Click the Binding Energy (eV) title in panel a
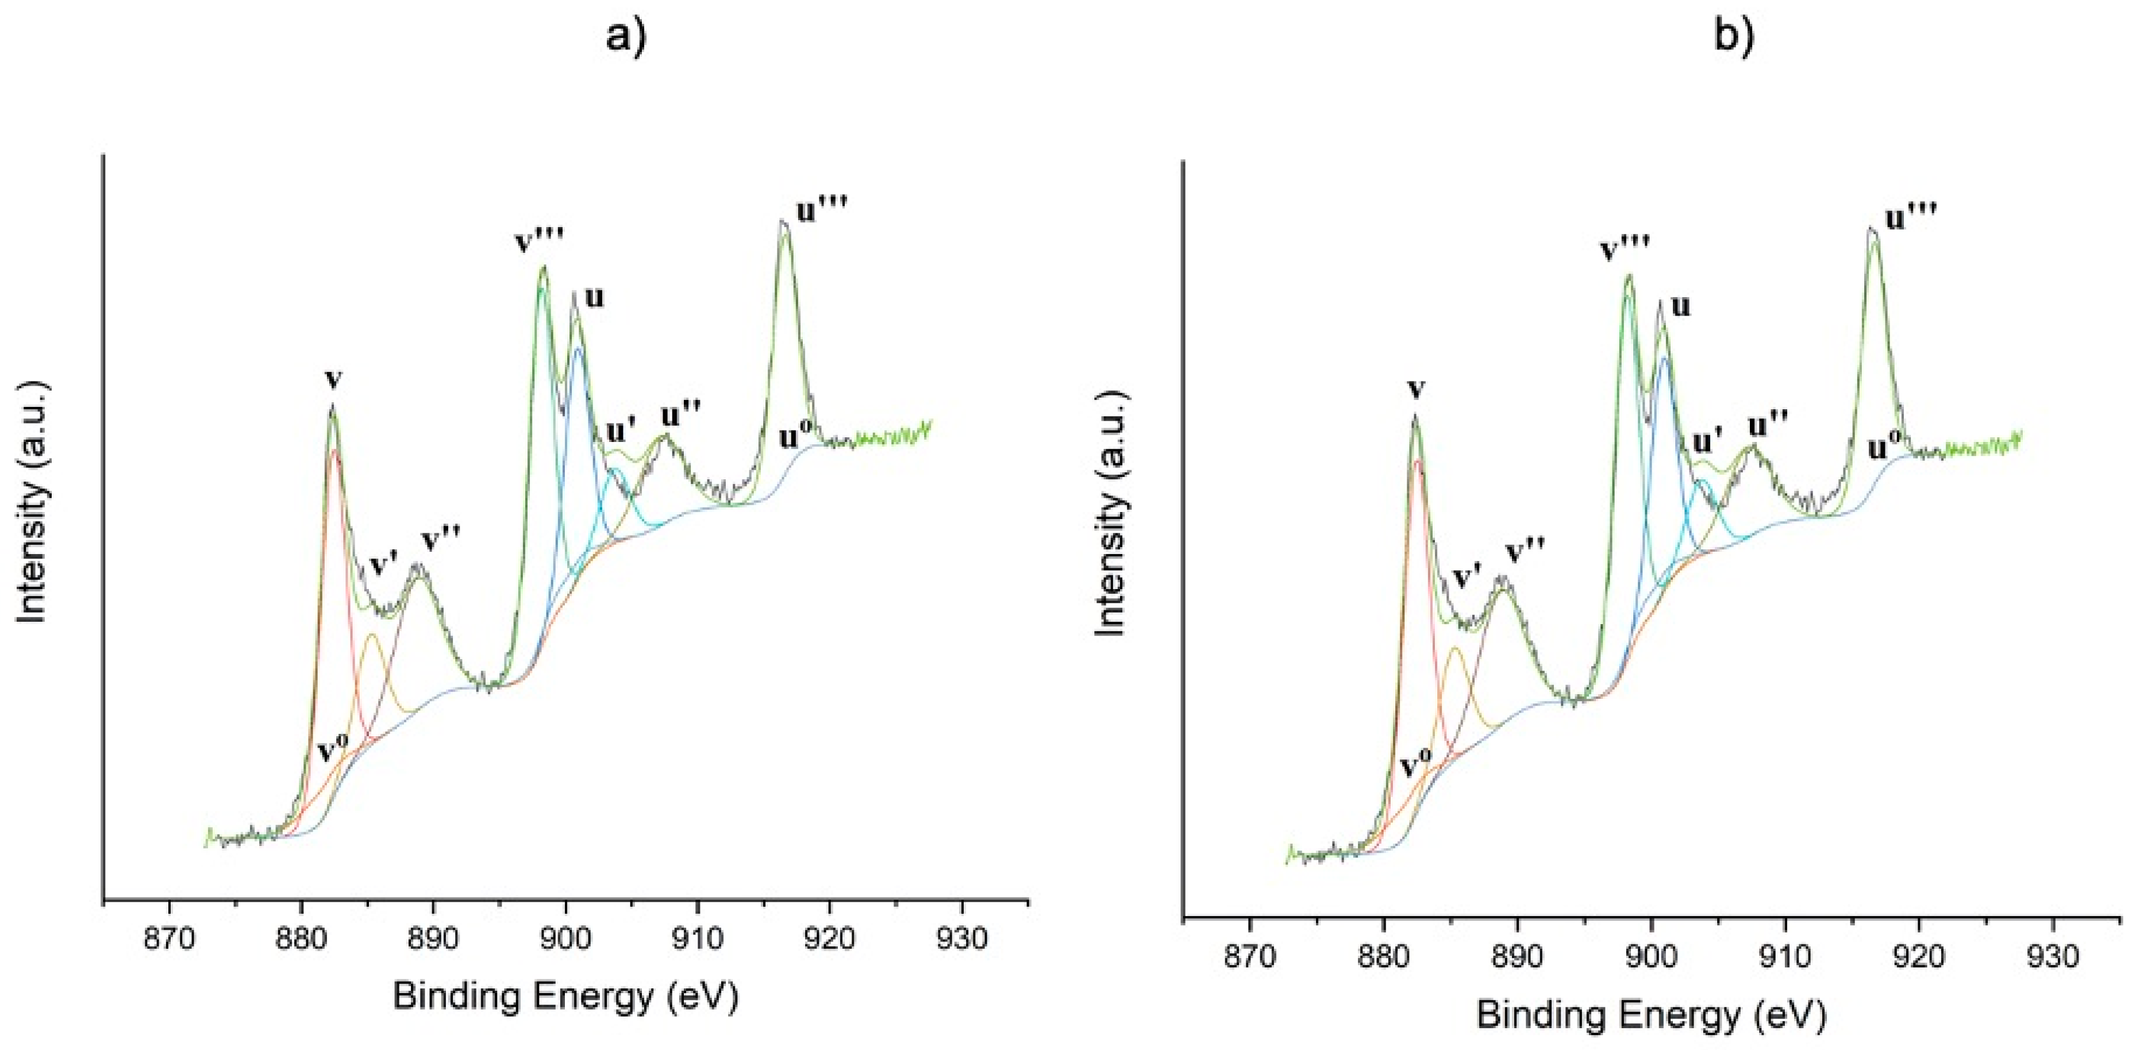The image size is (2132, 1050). pos(565,996)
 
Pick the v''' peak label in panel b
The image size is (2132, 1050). pos(1626,248)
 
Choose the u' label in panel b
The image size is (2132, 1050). pos(1707,443)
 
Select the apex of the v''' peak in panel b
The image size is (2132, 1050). pos(1629,275)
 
